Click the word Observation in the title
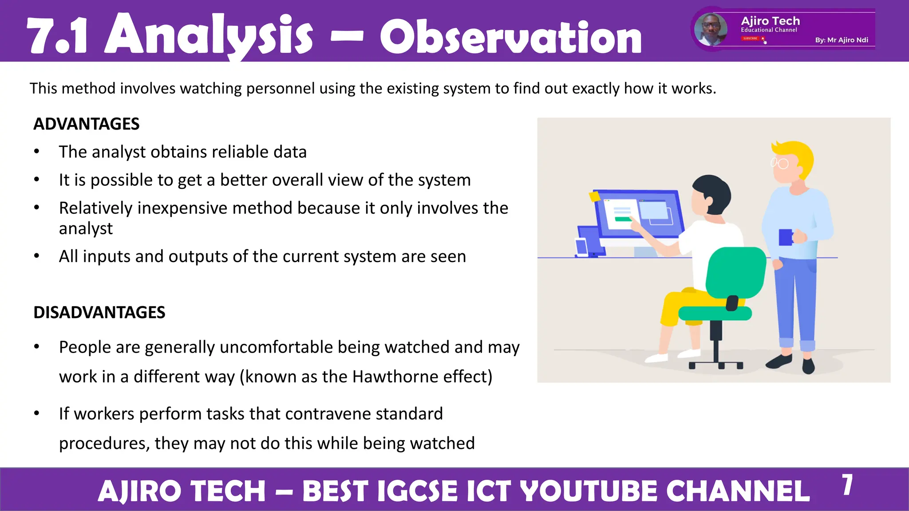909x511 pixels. pos(510,38)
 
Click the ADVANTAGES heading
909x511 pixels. pos(87,124)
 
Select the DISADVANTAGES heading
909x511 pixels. pos(99,312)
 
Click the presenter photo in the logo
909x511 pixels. pos(711,29)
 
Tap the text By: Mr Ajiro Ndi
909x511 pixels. pos(841,40)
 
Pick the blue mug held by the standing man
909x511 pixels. pos(786,237)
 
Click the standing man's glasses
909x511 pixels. pos(780,163)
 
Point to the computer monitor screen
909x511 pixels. pos(639,215)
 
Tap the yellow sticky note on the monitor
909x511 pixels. pos(594,196)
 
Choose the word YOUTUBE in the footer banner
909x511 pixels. pos(588,491)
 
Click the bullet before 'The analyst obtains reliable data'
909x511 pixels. pos(37,152)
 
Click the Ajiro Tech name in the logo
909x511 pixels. pos(770,21)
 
